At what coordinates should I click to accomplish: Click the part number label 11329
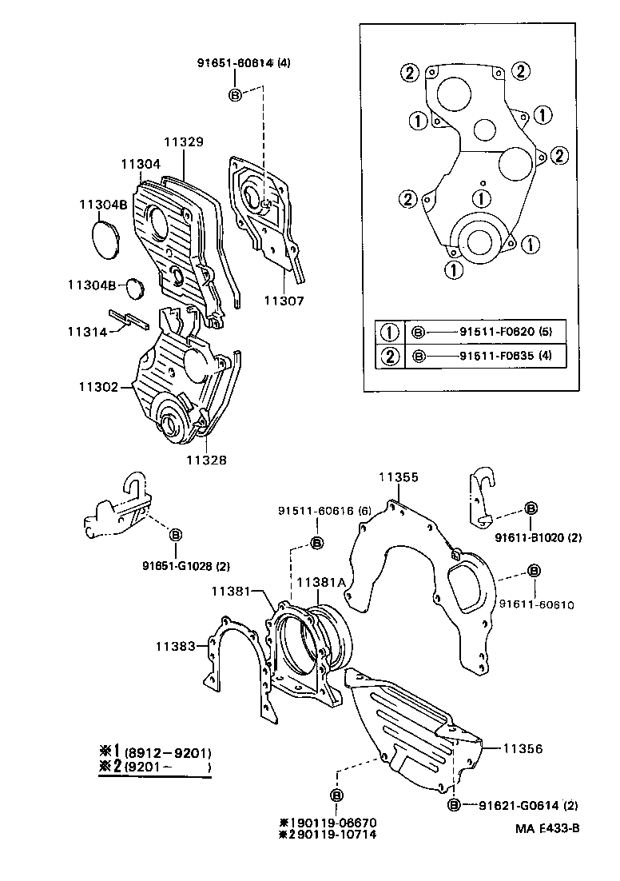point(184,142)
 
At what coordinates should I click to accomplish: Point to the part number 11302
point(98,387)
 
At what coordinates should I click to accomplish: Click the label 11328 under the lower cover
point(206,460)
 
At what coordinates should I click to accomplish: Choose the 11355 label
point(398,477)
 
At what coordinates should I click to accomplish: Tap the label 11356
point(523,749)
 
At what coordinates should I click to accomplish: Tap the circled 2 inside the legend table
point(390,356)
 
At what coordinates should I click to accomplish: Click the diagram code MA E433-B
point(548,827)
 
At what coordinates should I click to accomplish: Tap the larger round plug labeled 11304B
point(105,239)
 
